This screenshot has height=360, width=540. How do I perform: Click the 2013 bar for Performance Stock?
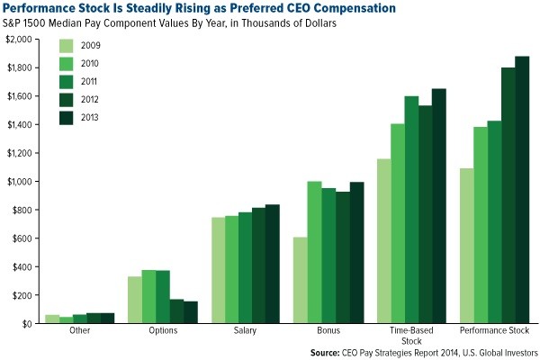click(522, 190)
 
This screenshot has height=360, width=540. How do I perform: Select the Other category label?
click(79, 331)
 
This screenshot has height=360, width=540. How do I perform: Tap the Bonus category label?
click(328, 331)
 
